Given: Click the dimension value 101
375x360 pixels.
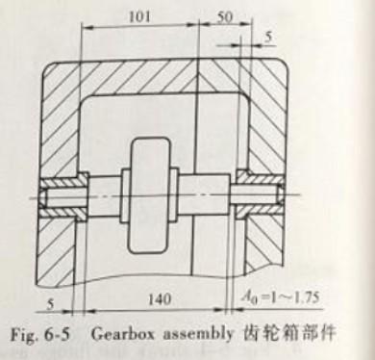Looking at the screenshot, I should tap(140, 15).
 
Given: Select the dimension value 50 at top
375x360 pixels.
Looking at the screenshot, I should tap(227, 15).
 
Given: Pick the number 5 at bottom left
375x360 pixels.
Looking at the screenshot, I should tap(49, 299).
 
